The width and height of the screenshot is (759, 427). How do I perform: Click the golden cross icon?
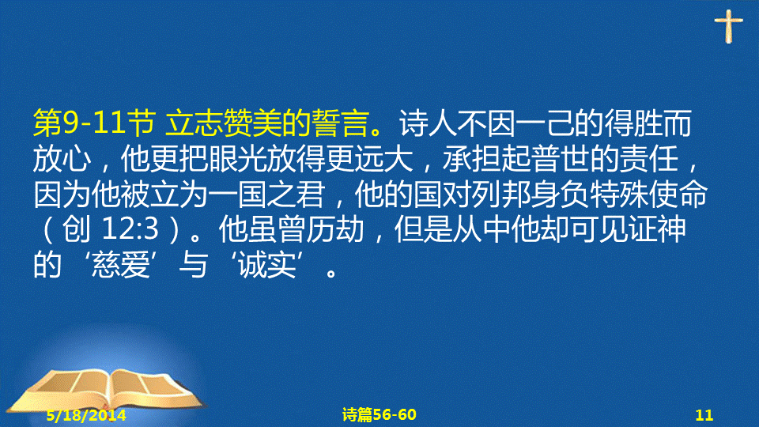(728, 26)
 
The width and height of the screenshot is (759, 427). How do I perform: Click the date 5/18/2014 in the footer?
(86, 415)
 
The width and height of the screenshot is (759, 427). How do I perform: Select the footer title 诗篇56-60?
(379, 414)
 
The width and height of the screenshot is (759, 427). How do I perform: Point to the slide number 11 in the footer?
(704, 415)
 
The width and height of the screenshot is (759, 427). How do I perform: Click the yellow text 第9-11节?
(94, 123)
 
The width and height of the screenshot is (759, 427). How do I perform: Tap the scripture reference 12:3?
(130, 229)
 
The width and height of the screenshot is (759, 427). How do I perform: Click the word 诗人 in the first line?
(429, 123)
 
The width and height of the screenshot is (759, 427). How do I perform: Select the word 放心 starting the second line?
(62, 159)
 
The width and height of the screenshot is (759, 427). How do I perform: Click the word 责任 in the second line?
(648, 159)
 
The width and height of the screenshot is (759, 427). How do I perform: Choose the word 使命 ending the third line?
(678, 195)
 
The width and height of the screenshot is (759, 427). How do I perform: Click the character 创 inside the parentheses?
(77, 229)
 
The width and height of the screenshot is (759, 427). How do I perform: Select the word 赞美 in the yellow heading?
(252, 123)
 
